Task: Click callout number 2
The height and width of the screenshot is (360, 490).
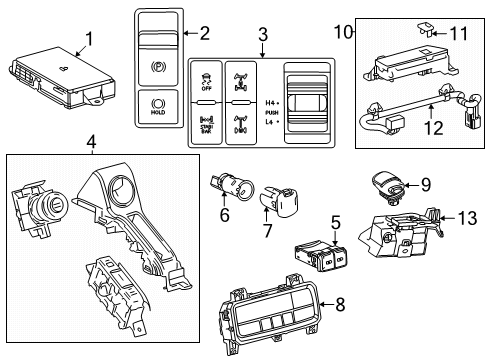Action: click(205, 34)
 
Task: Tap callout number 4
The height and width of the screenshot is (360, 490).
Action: click(91, 143)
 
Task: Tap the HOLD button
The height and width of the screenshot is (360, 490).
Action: click(157, 105)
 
